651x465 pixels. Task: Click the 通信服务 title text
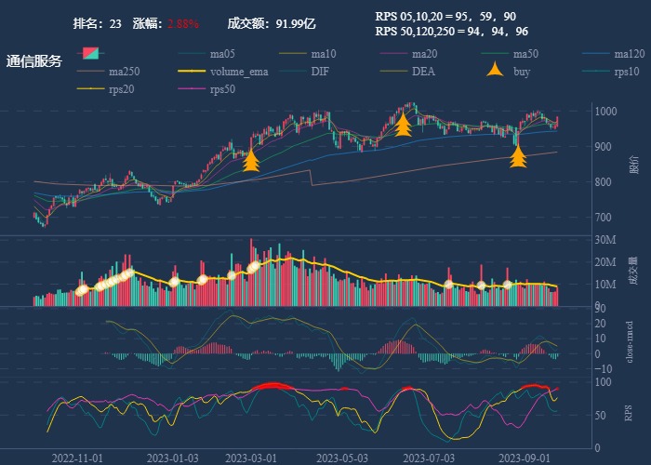(34, 61)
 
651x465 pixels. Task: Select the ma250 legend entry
(127, 72)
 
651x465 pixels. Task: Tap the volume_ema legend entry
(239, 72)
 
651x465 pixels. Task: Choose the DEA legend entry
(423, 72)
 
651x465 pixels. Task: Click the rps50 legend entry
(221, 89)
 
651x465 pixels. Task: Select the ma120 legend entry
(630, 54)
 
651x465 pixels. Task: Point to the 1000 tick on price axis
(606, 112)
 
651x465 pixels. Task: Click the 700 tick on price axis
(604, 218)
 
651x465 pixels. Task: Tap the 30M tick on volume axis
(606, 240)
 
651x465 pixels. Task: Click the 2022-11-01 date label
(77, 458)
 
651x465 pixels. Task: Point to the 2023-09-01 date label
(523, 458)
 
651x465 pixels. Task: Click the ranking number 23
(115, 23)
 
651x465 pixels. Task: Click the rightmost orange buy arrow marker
(518, 157)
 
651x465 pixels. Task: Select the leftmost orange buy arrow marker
(250, 162)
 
